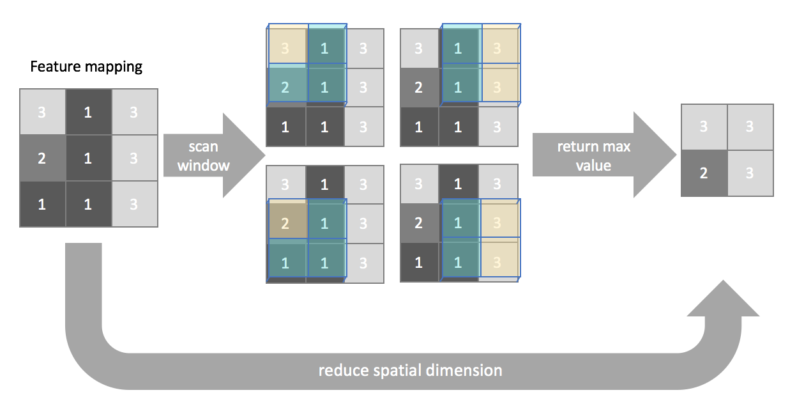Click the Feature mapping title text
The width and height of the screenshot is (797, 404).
tap(86, 67)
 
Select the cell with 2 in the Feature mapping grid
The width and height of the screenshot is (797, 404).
tap(43, 158)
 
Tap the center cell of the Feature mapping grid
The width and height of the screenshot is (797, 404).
tap(89, 158)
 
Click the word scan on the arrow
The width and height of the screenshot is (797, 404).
tap(203, 146)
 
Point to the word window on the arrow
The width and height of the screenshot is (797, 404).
tap(204, 166)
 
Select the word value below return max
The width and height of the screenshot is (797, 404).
tap(593, 166)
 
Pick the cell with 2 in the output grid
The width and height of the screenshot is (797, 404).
tap(704, 173)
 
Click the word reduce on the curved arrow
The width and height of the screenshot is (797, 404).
tap(344, 370)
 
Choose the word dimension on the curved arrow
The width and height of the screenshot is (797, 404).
tap(464, 370)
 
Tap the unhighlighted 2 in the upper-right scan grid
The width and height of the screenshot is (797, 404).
tap(420, 88)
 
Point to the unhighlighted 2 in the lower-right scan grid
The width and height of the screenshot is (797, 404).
tap(420, 223)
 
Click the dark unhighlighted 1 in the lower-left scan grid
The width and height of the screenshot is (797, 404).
tap(325, 184)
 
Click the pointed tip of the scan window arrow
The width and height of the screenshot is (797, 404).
tap(265, 155)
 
